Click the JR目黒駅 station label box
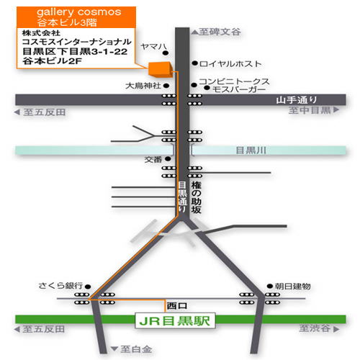175,320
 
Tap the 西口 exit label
177,306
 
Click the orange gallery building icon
160,70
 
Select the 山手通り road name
297,100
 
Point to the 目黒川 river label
251,150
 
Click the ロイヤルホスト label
230,64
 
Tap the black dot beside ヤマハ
165,53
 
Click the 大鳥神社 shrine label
143,86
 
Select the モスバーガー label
239,89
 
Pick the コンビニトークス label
234,81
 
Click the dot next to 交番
168,159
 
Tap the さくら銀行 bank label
60,286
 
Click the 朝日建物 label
292,286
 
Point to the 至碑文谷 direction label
220,32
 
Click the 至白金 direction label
136,349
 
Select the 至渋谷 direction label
315,328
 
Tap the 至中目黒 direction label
310,110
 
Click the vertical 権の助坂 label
196,197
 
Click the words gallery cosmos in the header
79,12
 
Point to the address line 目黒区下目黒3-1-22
75,51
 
